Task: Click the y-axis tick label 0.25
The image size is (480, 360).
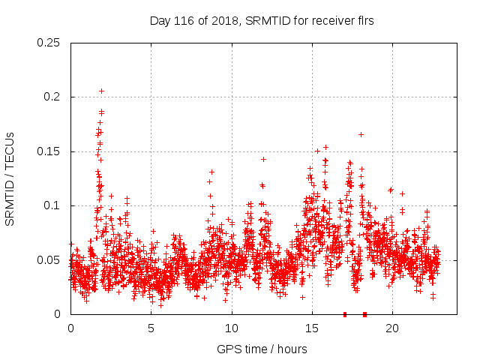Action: coord(49,43)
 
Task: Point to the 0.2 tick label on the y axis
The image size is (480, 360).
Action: coord(52,97)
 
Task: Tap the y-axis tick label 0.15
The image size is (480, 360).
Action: coord(49,151)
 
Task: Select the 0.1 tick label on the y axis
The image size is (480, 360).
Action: coord(52,205)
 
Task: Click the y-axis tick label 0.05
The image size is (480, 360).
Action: coord(49,260)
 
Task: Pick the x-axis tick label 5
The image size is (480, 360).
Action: coord(151,328)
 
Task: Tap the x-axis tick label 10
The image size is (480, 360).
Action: coord(232,328)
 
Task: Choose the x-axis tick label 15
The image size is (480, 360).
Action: coord(312,328)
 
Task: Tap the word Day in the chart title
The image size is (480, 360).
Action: coord(160,21)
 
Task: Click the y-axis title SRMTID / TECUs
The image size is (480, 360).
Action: coord(10,178)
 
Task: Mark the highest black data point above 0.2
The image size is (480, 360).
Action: coord(101,91)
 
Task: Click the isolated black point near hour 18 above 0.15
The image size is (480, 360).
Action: coord(361,134)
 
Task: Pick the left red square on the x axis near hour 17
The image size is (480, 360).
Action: coord(345,313)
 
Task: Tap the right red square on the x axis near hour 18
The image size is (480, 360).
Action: coord(364,313)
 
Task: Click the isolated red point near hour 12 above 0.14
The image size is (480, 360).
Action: coord(263,159)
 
